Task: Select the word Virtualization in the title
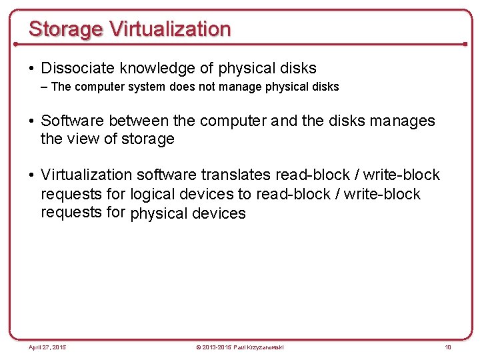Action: [170, 29]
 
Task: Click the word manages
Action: [402, 121]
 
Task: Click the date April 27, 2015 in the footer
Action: [47, 347]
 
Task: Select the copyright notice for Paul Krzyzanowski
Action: [239, 347]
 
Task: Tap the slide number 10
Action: [448, 347]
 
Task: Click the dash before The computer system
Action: [45, 87]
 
